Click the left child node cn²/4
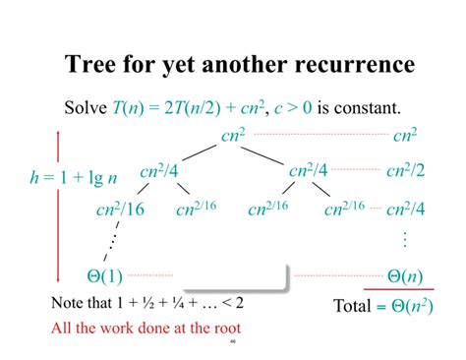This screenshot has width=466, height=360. click(160, 170)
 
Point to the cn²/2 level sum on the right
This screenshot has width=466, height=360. click(405, 170)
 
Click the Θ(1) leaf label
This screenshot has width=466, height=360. click(98, 275)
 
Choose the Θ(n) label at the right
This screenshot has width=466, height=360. click(404, 275)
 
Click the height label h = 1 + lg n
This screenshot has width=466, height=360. click(74, 178)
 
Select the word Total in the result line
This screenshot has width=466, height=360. click(351, 306)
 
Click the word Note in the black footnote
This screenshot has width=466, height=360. click(67, 301)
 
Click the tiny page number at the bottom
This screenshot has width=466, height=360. click(233, 342)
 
